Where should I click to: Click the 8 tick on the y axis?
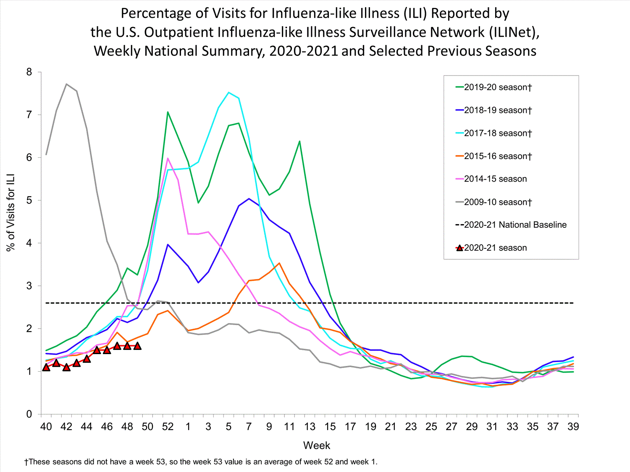[x=29, y=72]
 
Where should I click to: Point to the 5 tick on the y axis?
[x=29, y=201]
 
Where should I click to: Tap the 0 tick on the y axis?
[x=29, y=414]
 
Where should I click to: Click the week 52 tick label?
[x=168, y=427]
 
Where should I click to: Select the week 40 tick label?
[x=46, y=427]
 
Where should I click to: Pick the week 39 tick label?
[x=573, y=427]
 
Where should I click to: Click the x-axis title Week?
[x=317, y=446]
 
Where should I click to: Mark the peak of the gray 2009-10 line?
[x=66, y=84]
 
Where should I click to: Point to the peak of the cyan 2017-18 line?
[x=228, y=92]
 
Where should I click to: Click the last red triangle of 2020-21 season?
[x=137, y=346]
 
